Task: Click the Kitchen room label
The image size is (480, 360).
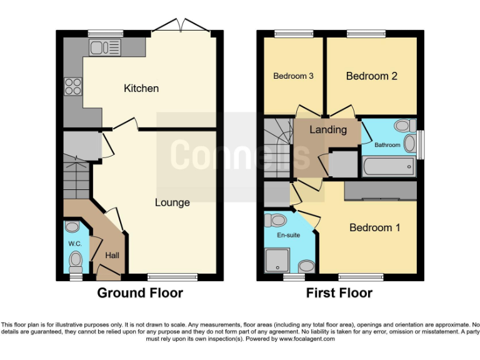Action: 141,88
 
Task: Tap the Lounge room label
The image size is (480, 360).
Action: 172,202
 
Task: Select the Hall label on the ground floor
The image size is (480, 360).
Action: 112,256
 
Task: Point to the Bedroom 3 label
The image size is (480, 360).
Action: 293,76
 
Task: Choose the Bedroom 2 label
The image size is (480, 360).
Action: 372,76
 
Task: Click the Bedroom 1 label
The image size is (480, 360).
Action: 374,227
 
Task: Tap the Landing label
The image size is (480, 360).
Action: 327,130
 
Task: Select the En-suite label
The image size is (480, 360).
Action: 289,235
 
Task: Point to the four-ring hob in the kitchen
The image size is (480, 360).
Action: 73,86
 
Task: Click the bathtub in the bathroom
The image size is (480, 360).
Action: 388,166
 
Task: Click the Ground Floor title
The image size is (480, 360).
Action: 140,292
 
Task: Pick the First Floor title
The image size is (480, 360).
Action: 339,292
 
